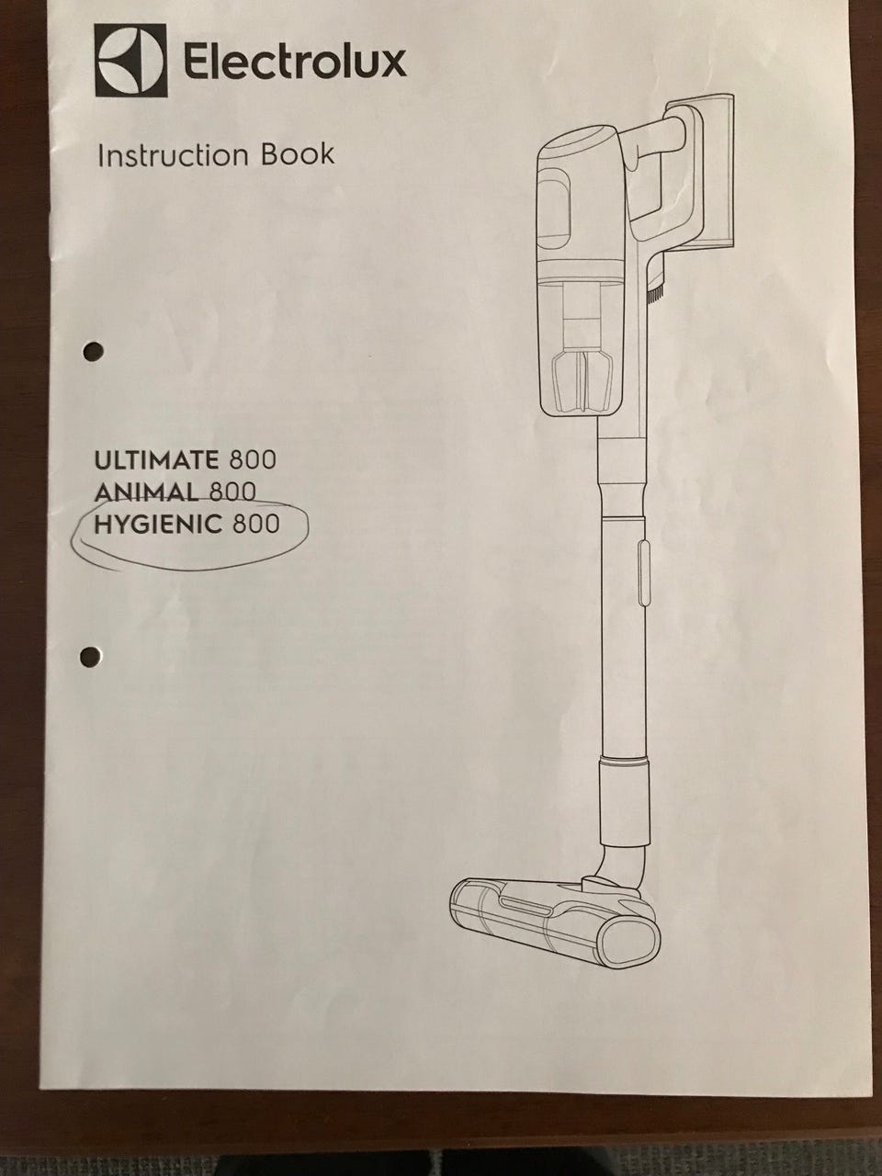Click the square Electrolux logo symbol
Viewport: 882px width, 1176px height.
point(130,61)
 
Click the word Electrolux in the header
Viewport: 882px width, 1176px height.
point(295,62)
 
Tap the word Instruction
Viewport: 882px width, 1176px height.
point(173,155)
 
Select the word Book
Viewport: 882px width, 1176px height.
point(297,154)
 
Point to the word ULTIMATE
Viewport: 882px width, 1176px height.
point(156,460)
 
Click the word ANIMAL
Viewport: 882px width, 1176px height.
point(146,492)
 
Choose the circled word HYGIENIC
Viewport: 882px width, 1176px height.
point(158,524)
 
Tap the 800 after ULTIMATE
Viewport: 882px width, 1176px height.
point(253,460)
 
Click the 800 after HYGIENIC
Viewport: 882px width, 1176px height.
point(256,524)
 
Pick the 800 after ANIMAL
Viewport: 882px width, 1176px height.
point(232,492)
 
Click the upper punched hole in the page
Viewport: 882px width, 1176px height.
point(94,352)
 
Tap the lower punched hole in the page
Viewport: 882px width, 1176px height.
point(91,656)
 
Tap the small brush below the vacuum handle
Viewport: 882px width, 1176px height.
point(657,289)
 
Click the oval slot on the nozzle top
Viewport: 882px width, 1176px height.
point(526,907)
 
